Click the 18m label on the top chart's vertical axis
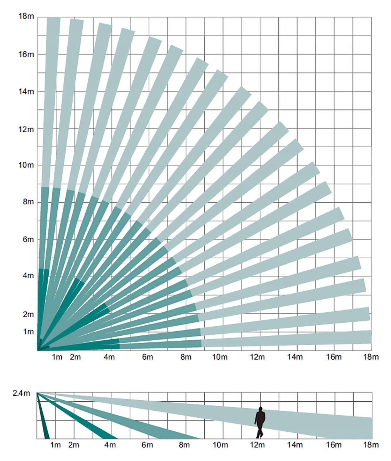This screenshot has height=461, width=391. [26, 16]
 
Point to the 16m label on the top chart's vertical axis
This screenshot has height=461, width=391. [26, 54]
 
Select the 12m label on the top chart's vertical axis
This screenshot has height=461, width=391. [26, 129]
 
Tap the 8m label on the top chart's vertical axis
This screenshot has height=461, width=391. [28, 202]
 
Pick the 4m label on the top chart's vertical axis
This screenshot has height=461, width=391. [28, 276]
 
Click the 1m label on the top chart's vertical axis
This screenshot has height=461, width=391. [28, 332]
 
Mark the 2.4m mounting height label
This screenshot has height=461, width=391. [21, 393]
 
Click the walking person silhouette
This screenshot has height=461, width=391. [260, 422]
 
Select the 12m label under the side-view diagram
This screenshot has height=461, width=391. [257, 445]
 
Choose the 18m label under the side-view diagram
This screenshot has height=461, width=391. [371, 445]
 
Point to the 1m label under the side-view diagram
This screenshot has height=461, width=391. [55, 445]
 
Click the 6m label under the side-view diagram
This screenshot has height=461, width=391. [147, 445]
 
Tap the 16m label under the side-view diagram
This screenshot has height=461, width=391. [334, 445]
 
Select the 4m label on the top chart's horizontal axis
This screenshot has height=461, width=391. [109, 357]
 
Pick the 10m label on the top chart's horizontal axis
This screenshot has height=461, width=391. [220, 357]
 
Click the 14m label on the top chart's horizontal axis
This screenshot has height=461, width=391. [295, 357]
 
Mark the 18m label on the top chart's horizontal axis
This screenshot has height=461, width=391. [371, 357]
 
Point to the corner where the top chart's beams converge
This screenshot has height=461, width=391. [38, 350]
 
